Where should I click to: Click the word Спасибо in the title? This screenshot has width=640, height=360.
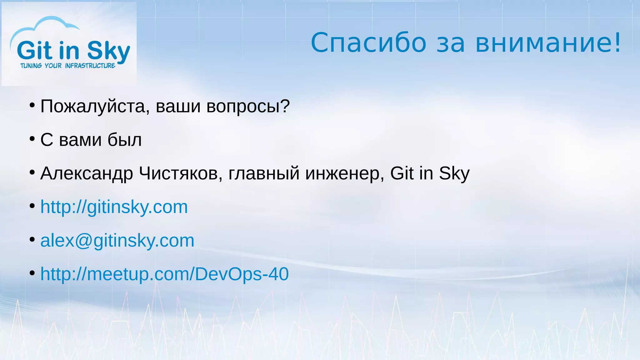tap(368, 43)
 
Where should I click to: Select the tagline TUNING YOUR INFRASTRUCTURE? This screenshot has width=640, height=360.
tap(68, 66)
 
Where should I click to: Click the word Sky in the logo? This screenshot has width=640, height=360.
tap(108, 51)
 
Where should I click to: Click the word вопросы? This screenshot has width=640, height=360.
tap(248, 107)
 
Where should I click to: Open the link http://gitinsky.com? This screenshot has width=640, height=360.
tap(114, 207)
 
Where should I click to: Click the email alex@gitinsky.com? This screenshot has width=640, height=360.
tap(117, 241)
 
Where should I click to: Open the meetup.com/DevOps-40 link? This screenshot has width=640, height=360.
tap(164, 274)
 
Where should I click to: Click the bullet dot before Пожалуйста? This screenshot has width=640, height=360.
tap(32, 105)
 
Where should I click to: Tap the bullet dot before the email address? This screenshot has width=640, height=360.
tap(32, 239)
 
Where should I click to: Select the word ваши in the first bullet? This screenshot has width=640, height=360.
tap(178, 107)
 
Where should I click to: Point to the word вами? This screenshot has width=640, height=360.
tap(80, 140)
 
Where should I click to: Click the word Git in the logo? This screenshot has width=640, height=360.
tap(34, 51)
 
